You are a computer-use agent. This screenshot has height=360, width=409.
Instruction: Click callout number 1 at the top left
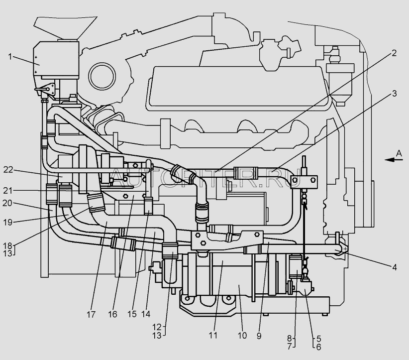[10, 57]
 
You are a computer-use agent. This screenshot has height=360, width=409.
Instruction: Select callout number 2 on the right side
[394, 53]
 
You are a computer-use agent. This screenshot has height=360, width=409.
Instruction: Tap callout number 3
[394, 94]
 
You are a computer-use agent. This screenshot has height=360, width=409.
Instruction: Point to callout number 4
[395, 267]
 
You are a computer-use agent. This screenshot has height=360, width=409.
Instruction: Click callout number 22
[8, 170]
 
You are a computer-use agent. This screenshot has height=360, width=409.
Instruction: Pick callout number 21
[8, 191]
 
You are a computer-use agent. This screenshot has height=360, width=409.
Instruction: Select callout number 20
[7, 203]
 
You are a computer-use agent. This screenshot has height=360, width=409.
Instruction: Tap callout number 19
[8, 222]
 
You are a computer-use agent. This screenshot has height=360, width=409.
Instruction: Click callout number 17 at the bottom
[91, 315]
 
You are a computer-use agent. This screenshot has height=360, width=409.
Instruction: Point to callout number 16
[112, 315]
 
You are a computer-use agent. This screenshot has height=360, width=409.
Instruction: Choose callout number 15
[132, 314]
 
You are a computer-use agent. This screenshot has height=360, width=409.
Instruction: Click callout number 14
[146, 314]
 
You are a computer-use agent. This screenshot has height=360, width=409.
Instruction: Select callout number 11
[213, 336]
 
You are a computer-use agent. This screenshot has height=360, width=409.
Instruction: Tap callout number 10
[242, 336]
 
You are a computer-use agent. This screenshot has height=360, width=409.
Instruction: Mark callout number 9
[259, 336]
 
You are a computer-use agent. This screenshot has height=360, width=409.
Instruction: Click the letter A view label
[399, 153]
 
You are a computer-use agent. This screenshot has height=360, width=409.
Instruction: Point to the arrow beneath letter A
[394, 160]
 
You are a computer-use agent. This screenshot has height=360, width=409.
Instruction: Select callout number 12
[157, 327]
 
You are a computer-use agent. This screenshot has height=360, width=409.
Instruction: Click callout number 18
[8, 245]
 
